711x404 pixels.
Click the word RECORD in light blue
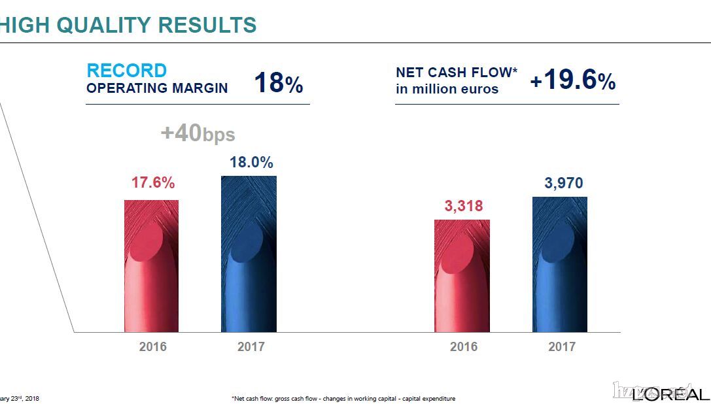(127, 71)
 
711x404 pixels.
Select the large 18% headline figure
(278, 84)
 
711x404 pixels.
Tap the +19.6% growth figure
(572, 80)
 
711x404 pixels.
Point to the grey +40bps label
(198, 134)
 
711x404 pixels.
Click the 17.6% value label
(153, 183)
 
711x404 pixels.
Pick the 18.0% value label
(251, 163)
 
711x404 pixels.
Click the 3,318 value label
(464, 207)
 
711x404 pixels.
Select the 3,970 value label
(563, 184)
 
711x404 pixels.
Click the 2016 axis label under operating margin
(153, 346)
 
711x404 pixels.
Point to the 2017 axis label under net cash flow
(562, 346)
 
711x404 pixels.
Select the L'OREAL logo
(670, 394)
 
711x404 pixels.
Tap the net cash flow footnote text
(343, 398)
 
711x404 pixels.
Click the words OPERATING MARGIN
(157, 88)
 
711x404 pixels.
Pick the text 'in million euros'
(447, 89)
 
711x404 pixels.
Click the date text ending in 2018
(20, 398)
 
